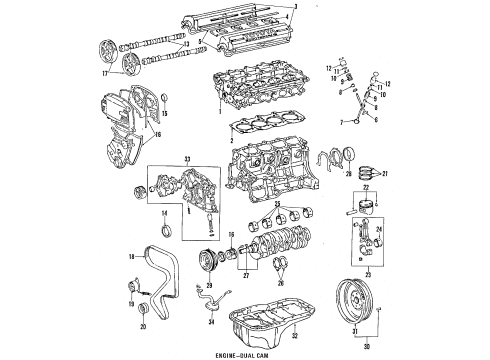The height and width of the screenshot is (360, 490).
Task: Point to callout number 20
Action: (x=141, y=326)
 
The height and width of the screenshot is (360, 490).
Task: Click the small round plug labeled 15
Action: (x=165, y=100)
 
